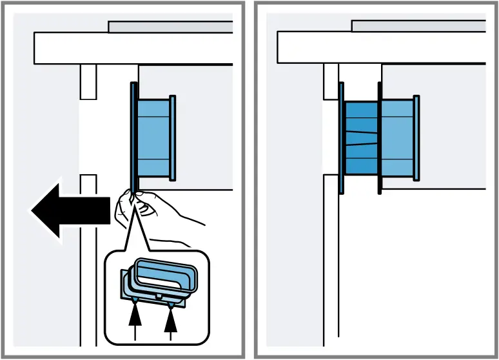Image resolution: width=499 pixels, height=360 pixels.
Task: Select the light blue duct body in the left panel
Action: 153,137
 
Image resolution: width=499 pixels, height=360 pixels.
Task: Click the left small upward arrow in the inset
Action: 135,320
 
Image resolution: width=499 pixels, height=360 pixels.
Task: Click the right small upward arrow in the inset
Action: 171,320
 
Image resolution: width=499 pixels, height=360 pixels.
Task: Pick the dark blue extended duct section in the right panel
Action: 360,138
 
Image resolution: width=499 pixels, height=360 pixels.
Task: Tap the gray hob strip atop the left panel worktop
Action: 170,26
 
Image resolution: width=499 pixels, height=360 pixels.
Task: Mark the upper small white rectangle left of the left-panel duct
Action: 88,81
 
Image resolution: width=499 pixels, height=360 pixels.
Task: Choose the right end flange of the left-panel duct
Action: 172,137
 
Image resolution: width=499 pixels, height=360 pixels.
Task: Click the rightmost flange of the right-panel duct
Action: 416,137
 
